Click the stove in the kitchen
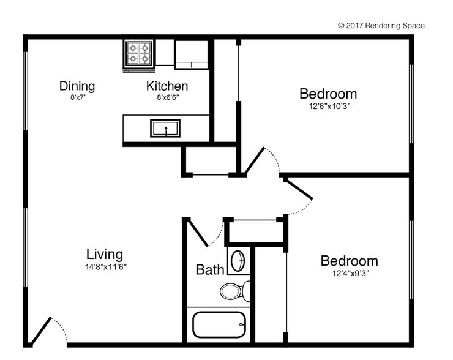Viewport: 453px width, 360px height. click(139, 53)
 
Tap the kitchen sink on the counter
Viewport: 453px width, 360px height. click(165, 129)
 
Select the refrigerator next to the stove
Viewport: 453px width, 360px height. click(192, 54)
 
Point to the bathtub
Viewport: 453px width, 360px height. click(219, 325)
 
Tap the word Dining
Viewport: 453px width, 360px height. click(77, 86)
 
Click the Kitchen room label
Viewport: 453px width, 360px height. click(167, 86)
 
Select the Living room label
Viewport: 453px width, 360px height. click(104, 254)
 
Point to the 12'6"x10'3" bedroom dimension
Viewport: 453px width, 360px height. click(328, 105)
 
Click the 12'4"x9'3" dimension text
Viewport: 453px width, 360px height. click(349, 273)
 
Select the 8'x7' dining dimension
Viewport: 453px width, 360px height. click(77, 97)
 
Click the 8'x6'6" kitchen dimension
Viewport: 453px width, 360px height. click(167, 97)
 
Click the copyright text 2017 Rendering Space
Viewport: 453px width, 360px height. click(381, 26)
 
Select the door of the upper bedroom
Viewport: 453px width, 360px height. click(254, 160)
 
